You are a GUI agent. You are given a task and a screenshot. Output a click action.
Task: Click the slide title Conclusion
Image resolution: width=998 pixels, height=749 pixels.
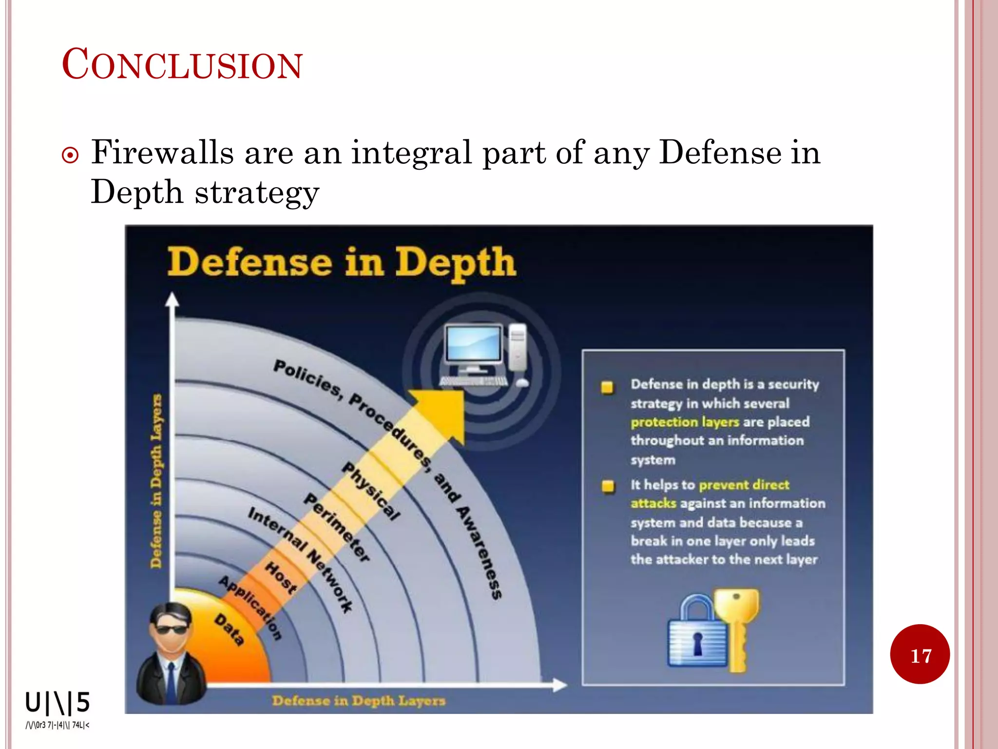[182, 64]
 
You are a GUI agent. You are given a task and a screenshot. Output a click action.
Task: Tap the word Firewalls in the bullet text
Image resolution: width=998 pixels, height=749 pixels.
[162, 152]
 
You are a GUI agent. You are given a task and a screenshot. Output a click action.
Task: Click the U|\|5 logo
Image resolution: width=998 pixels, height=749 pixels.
[58, 703]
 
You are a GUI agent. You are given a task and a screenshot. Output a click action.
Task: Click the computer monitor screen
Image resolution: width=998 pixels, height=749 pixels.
[473, 344]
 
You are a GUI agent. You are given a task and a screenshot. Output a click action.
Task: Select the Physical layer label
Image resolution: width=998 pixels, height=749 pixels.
[370, 491]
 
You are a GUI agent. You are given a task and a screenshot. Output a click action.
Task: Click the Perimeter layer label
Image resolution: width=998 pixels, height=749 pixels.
[337, 527]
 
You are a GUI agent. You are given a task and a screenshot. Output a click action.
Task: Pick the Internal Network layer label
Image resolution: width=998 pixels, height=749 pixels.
[299, 559]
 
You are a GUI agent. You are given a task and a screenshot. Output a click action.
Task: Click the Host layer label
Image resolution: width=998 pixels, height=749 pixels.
[281, 577]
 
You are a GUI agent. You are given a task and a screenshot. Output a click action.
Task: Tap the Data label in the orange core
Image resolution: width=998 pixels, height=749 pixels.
[229, 630]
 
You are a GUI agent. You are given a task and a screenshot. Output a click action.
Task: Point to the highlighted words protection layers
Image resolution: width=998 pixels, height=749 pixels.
[685, 422]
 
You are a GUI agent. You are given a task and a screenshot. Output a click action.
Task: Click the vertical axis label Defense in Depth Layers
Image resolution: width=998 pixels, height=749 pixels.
[156, 480]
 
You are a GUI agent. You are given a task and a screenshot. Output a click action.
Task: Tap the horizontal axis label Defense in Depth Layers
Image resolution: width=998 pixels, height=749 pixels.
[358, 701]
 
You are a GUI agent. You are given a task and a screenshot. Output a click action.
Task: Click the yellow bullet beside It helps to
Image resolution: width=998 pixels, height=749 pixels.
[608, 486]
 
